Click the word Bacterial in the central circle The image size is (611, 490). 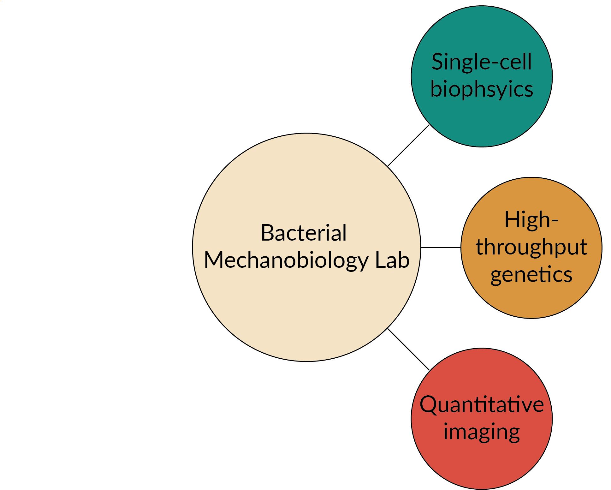click(x=304, y=233)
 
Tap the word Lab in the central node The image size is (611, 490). click(x=392, y=260)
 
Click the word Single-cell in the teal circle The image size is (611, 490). click(x=482, y=62)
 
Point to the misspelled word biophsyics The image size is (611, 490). click(x=482, y=89)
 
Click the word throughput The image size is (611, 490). click(x=531, y=247)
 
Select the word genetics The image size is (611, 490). click(x=531, y=275)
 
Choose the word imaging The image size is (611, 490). click(x=482, y=432)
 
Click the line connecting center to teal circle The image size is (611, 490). click(x=408, y=146)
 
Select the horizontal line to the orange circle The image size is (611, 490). click(x=441, y=248)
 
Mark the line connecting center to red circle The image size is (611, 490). click(x=408, y=349)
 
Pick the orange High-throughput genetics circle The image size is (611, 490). click(x=531, y=300)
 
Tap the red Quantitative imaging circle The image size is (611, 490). click(x=482, y=464)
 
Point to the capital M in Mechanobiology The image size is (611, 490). click(x=216, y=260)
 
